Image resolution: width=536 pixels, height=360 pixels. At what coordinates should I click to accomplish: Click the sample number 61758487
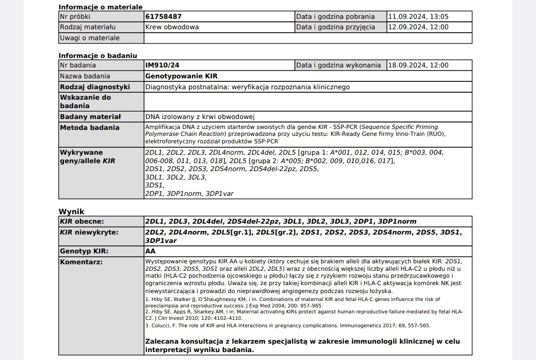(163, 16)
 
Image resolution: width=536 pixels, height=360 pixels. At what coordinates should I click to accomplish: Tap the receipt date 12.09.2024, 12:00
(418, 27)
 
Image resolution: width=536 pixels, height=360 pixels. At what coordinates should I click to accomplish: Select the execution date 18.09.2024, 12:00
(418, 65)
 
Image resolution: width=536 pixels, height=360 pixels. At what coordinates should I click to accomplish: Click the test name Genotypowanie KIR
(181, 76)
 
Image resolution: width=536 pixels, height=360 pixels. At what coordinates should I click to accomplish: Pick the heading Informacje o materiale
(101, 7)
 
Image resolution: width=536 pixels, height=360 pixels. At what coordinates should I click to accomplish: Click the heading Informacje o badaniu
(98, 56)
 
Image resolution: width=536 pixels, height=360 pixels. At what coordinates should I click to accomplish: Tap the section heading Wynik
(71, 212)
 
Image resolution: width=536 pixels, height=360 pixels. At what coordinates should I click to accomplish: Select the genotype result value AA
(150, 251)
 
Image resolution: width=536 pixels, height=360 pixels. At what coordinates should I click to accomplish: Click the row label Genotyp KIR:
(84, 251)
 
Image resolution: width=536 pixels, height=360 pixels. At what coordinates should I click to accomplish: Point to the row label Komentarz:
(81, 261)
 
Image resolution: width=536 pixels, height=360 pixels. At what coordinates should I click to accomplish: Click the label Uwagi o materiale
(90, 38)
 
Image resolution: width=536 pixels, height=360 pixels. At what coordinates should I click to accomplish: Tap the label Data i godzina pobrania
(335, 16)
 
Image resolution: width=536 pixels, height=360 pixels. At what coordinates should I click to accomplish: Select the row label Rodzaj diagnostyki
(95, 87)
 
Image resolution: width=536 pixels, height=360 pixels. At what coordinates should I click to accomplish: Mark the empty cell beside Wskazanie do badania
(308, 102)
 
